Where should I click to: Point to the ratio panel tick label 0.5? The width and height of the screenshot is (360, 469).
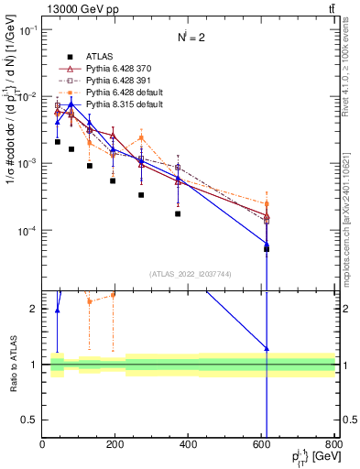[x=29, y=420]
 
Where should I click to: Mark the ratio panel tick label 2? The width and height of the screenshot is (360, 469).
[x=35, y=309]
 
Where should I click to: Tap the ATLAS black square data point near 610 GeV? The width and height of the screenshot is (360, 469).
[x=267, y=248]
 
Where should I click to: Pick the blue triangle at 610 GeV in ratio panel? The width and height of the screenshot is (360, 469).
[x=267, y=349]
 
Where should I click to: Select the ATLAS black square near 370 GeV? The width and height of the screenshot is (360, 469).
[x=178, y=213]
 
